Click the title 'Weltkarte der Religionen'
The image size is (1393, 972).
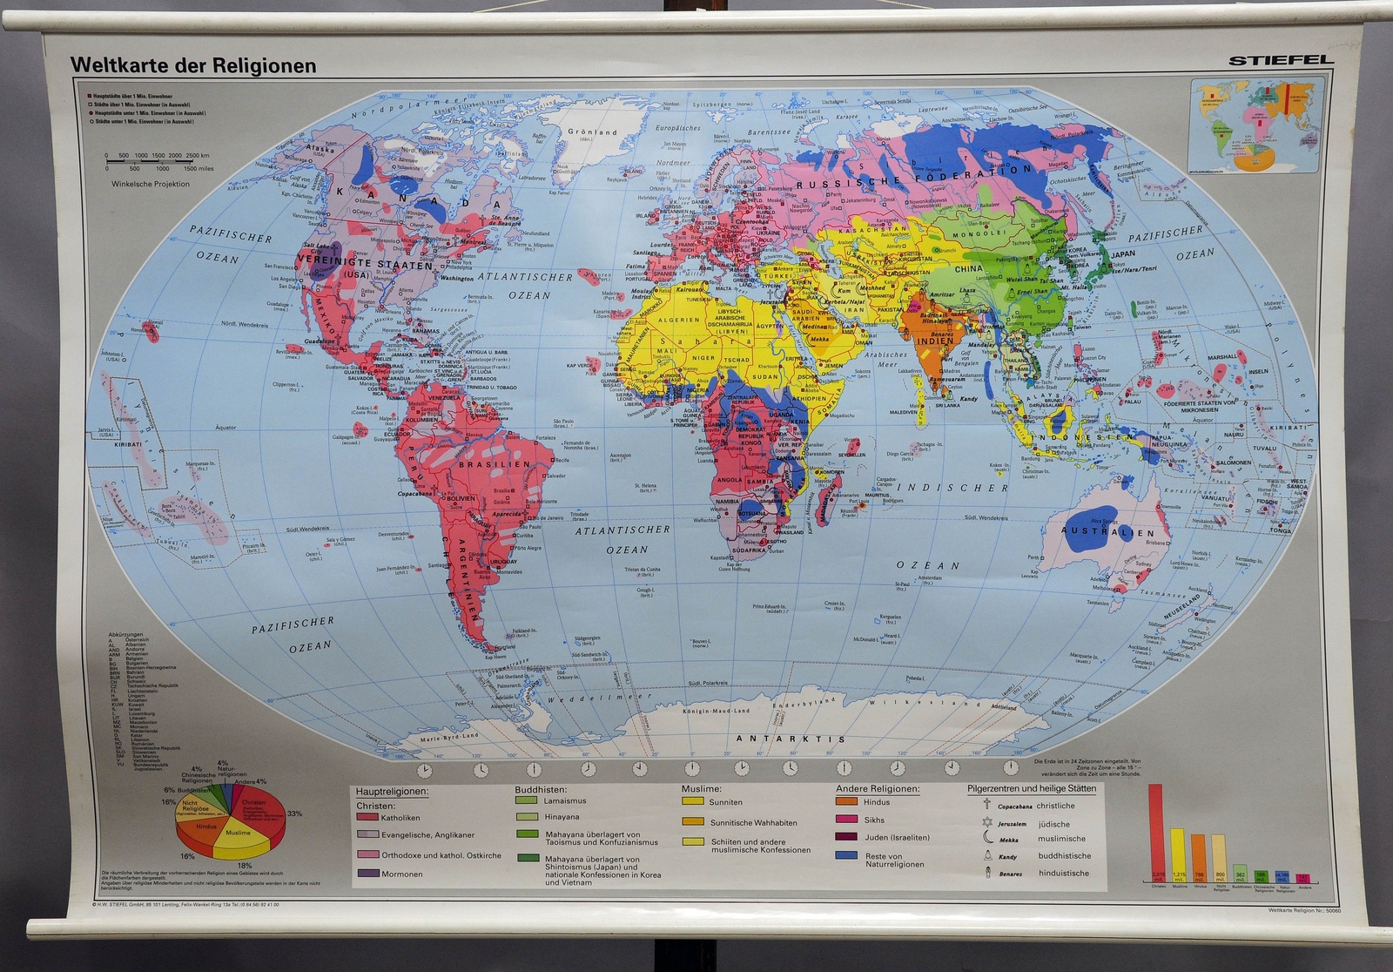point(193,65)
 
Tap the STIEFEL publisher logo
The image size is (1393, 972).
point(1280,60)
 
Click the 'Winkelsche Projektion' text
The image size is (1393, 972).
point(149,184)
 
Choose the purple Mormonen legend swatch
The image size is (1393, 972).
point(367,874)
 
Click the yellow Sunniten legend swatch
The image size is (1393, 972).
point(693,801)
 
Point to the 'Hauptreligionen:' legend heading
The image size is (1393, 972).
point(392,791)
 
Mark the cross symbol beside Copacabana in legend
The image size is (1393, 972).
point(987,805)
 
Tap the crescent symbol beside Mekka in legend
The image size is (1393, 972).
point(987,839)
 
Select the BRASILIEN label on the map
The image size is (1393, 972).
point(494,465)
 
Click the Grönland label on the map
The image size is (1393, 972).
point(592,132)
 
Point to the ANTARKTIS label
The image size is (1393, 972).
point(791,739)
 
